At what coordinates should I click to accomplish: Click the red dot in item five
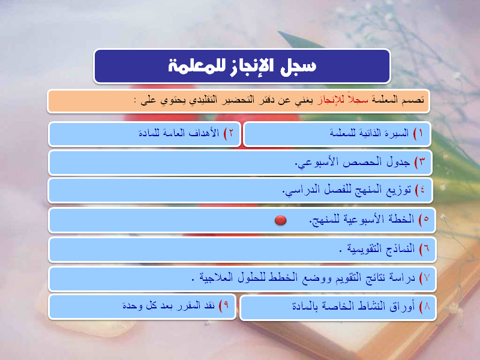tap(280, 220)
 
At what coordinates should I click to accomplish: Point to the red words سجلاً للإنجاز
tap(343, 100)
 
